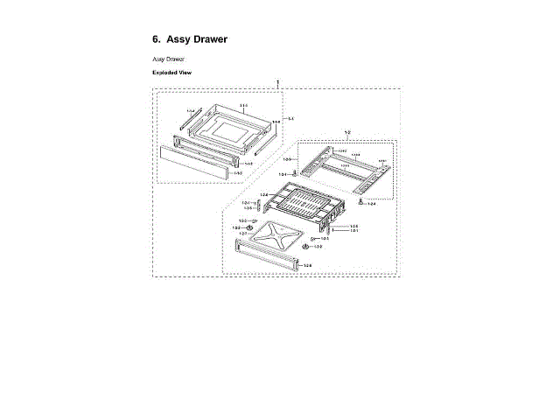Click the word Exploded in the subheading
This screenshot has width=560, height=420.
(164, 73)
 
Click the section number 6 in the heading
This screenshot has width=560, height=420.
(156, 39)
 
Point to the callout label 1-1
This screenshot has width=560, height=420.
(290, 118)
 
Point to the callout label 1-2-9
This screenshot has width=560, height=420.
(287, 159)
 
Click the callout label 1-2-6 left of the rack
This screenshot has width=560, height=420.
(264, 194)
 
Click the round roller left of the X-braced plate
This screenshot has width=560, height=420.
(249, 227)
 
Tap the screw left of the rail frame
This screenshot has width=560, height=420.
(296, 174)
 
